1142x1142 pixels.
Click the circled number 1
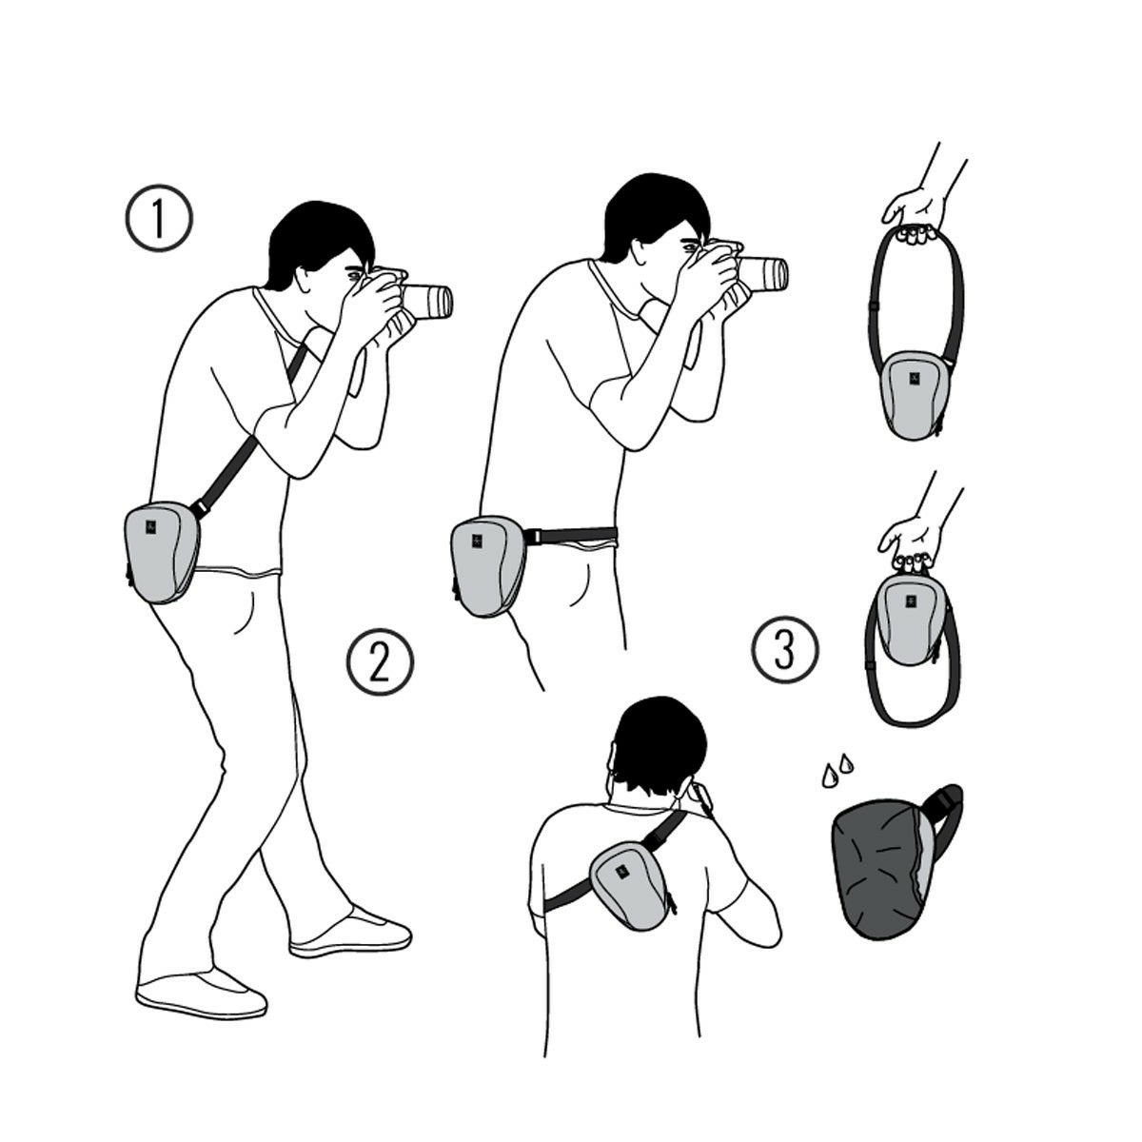click(159, 218)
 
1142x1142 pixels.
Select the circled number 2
click(380, 661)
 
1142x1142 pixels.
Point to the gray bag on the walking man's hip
click(161, 552)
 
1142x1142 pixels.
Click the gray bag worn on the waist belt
click(487, 566)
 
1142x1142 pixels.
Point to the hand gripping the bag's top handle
click(910, 542)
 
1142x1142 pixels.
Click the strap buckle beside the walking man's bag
click(200, 508)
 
